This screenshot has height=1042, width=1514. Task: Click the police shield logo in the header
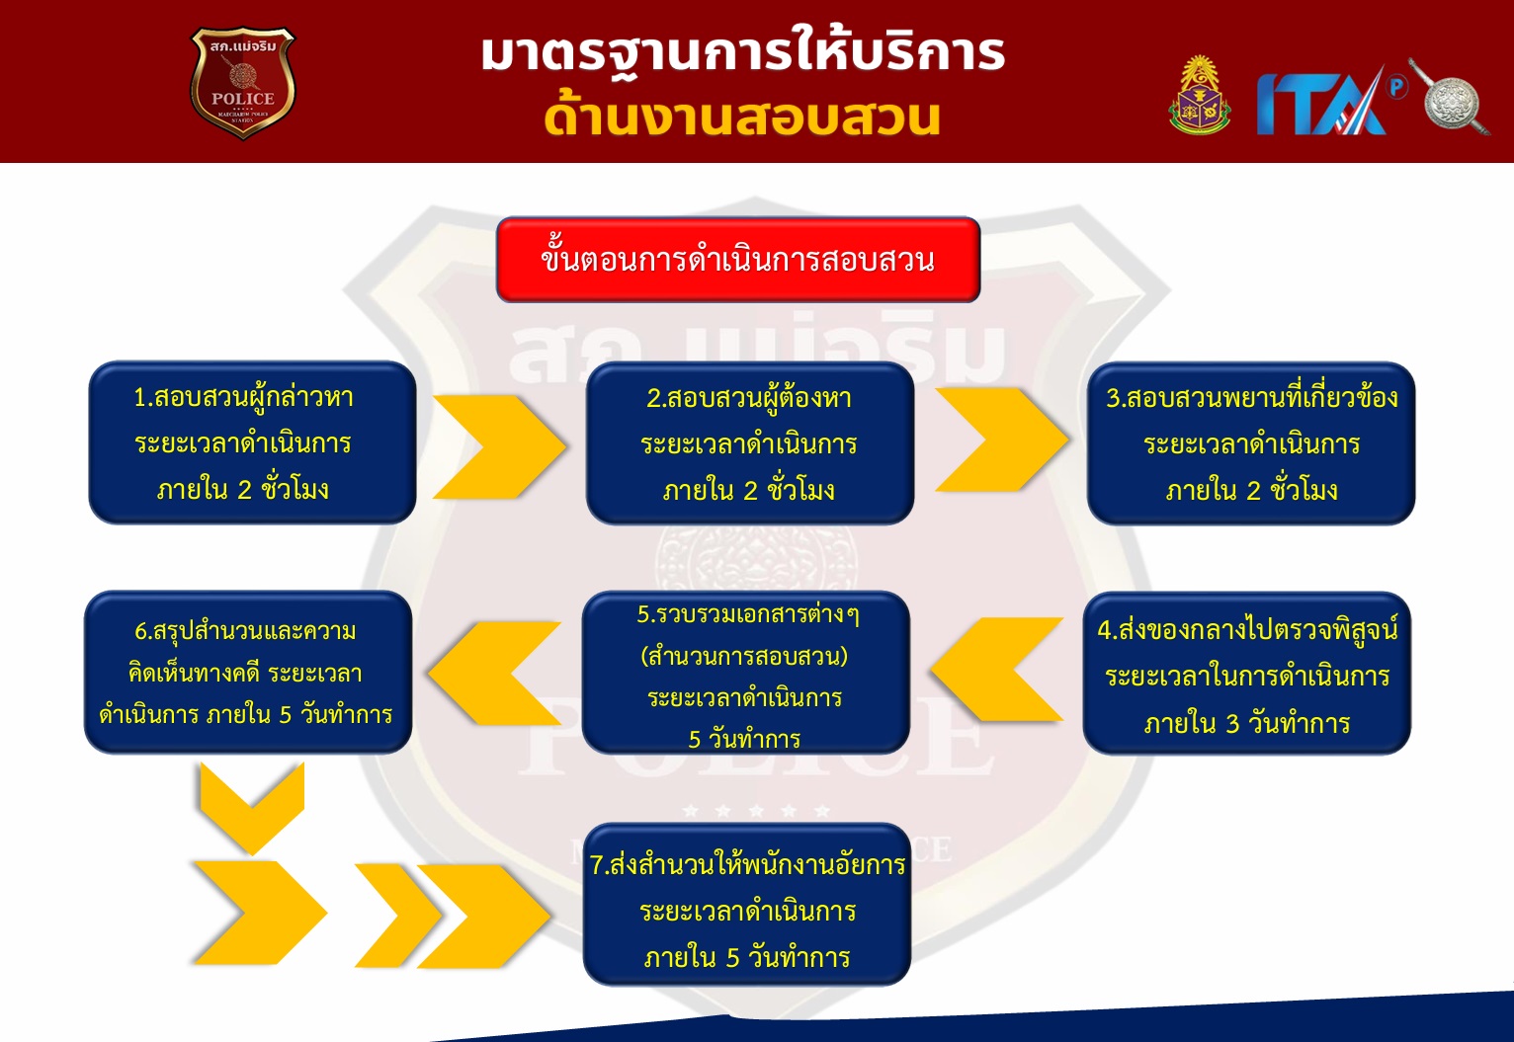click(x=243, y=82)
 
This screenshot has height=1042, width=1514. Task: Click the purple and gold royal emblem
click(x=1200, y=95)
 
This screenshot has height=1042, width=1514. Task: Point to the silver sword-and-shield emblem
click(x=1450, y=97)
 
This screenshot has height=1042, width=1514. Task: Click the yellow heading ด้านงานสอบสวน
click(x=742, y=119)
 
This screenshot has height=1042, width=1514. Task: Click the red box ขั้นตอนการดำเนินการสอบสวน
click(x=738, y=260)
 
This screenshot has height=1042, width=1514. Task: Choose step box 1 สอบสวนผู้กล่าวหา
click(x=252, y=442)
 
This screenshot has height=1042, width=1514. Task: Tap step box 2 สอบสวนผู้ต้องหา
click(x=749, y=443)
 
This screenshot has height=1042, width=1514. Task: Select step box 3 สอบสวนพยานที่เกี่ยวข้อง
click(x=1251, y=443)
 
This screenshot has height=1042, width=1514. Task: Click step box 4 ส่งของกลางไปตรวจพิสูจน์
click(x=1247, y=673)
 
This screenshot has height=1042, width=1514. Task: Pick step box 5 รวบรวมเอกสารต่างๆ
click(x=745, y=673)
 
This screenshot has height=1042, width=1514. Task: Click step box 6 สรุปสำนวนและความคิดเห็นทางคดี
click(x=248, y=672)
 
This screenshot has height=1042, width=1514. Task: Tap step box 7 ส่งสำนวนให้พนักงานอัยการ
click(x=747, y=904)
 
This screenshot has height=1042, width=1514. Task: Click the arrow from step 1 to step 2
click(x=499, y=446)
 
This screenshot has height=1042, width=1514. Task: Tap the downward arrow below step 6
click(x=252, y=808)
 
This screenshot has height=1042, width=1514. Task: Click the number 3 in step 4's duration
click(x=1232, y=724)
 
